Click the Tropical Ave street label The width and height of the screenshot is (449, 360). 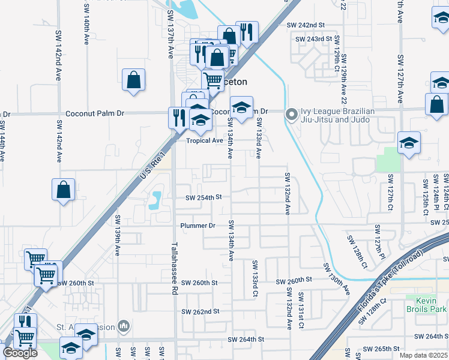204,140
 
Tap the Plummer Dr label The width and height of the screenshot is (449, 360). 198,226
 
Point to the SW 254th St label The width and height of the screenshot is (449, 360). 203,197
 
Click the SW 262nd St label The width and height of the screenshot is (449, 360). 201,312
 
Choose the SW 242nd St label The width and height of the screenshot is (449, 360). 306,25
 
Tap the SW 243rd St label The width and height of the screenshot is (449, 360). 314,39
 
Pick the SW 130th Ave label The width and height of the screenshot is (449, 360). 336,278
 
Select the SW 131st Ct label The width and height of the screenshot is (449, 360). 301,304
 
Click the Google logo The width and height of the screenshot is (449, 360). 19,353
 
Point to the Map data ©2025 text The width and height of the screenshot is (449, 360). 423,355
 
